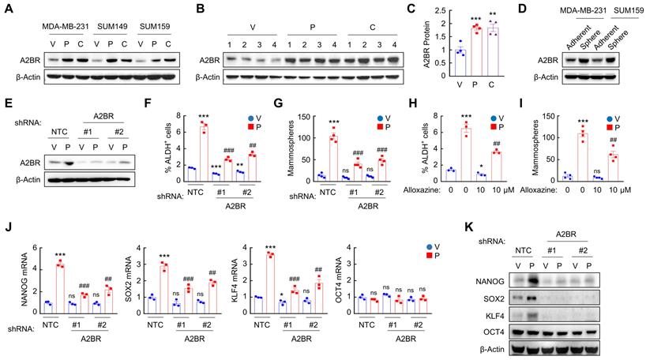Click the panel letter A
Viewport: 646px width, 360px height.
coord(7,9)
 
